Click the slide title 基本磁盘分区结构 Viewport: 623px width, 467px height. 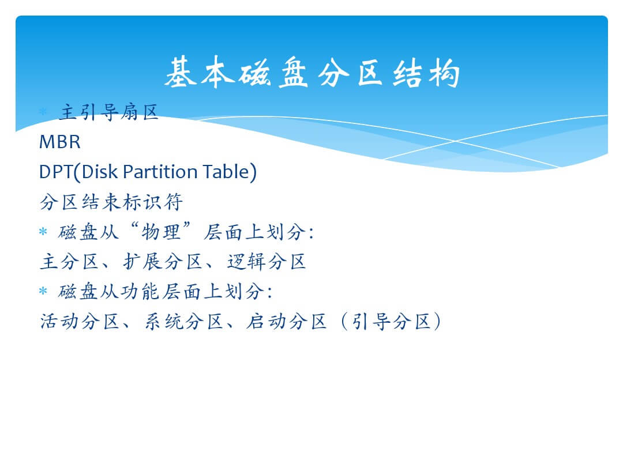pos(312,72)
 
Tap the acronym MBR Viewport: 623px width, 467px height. pos(60,142)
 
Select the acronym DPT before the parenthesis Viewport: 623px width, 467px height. pos(56,172)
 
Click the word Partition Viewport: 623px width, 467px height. pos(160,172)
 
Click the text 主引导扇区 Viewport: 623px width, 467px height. pos(109,112)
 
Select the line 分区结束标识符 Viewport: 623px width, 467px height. pos(111,202)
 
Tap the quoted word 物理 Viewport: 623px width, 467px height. pos(160,232)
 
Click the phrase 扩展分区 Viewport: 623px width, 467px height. pos(163,262)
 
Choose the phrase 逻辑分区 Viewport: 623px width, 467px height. pos(267,262)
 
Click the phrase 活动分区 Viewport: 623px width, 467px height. pos(80,321)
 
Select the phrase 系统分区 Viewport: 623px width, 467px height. pos(183,321)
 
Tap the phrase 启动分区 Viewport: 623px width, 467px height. pos(287,321)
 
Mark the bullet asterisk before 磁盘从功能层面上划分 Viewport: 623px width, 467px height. pos(43,292)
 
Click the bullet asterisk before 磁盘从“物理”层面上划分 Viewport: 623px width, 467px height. pos(43,232)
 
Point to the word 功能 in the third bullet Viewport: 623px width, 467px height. pos(140,292)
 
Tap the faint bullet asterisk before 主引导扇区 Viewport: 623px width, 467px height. pos(43,112)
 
